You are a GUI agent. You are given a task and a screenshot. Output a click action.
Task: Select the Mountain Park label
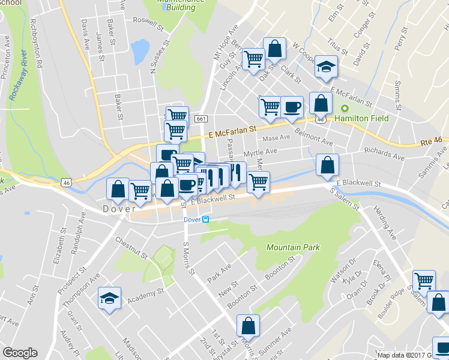pos(293,247)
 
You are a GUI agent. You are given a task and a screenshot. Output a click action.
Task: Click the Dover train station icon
pos(206,220)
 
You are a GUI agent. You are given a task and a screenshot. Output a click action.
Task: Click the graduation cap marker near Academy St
pos(110,298)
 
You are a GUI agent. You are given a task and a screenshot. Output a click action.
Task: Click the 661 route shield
pos(201,119)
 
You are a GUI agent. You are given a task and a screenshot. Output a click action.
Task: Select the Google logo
pos(20,353)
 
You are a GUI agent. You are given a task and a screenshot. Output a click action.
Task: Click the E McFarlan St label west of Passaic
pos(232,128)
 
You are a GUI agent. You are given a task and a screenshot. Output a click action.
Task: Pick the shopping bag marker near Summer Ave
pos(248,326)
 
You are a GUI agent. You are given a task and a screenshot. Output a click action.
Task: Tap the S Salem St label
pos(344,198)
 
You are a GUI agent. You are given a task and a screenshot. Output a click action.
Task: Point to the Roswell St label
pos(148,23)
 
